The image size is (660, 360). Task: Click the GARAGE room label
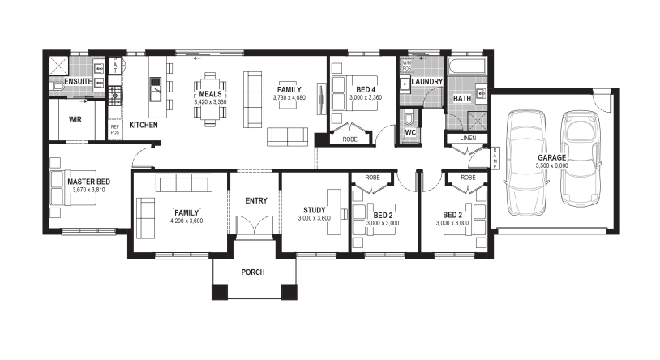click(x=551, y=157)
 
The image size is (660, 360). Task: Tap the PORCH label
click(x=253, y=272)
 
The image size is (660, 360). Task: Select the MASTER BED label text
click(x=89, y=182)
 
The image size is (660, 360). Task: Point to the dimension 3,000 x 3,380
click(x=366, y=97)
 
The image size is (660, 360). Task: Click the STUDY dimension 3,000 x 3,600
click(x=314, y=218)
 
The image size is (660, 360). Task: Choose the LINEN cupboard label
click(x=468, y=138)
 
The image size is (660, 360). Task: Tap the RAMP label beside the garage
click(x=495, y=158)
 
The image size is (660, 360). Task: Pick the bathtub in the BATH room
click(x=467, y=66)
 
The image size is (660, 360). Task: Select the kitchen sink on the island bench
click(x=156, y=89)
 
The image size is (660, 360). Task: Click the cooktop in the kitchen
click(x=115, y=95)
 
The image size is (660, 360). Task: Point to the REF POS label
click(x=115, y=129)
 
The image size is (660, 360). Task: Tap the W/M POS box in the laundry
click(x=406, y=65)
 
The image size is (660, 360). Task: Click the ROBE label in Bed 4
click(x=349, y=139)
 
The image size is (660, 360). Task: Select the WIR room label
click(x=75, y=120)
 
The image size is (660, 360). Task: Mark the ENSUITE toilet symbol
click(x=58, y=87)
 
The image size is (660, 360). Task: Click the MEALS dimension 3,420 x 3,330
click(x=210, y=102)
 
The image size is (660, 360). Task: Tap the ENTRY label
click(x=256, y=201)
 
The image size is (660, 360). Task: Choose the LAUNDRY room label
click(x=426, y=82)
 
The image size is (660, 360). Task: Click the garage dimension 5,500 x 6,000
click(x=551, y=166)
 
